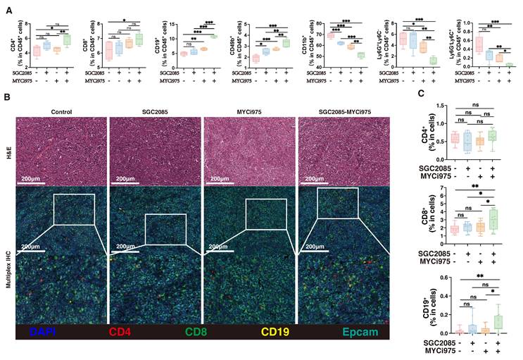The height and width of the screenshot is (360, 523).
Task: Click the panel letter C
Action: [421, 94]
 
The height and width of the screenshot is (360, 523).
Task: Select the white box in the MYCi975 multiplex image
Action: [266, 213]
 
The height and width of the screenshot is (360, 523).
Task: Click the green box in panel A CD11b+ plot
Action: [360, 55]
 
